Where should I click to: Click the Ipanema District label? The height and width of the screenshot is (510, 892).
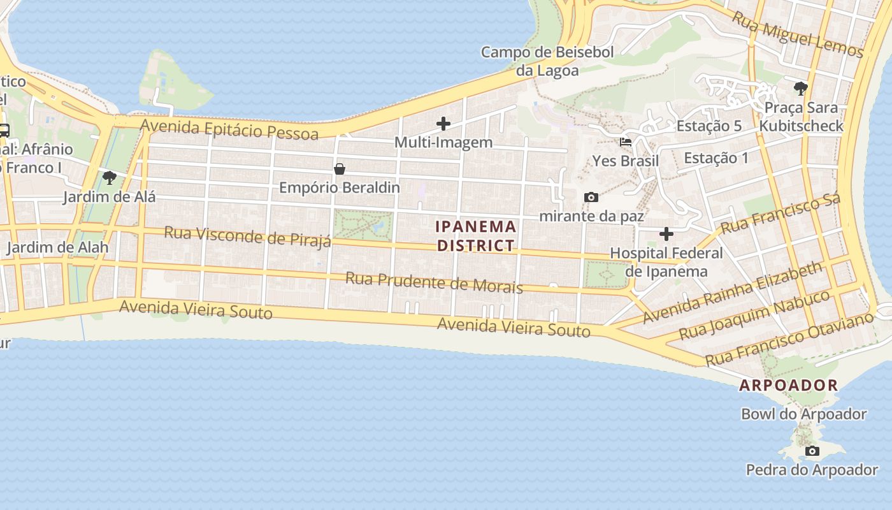(476, 236)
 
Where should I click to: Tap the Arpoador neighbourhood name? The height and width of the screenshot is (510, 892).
(788, 385)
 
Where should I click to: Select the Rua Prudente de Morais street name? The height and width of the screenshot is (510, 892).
(434, 282)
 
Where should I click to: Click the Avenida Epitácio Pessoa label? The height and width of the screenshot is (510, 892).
(229, 129)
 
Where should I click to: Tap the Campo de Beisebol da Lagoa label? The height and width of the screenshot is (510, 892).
(547, 61)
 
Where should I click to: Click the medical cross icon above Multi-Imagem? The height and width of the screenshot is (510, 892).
(443, 124)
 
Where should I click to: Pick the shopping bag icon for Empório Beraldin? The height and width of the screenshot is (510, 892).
(340, 169)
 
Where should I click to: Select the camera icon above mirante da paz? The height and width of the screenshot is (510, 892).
(591, 198)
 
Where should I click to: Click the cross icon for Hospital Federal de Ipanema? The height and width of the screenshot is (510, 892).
(666, 234)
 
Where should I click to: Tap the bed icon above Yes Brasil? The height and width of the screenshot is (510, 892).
(626, 142)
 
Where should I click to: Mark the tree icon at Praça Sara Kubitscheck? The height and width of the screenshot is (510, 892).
(801, 89)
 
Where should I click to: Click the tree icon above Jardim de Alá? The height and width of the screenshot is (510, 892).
(109, 178)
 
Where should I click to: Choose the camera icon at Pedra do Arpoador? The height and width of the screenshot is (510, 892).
(812, 451)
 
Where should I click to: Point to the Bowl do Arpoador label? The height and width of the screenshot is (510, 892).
(803, 414)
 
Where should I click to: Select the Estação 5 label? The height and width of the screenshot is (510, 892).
(709, 126)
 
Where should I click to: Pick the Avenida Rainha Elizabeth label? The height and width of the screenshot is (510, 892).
(733, 293)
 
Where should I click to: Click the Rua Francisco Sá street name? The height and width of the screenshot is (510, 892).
(780, 214)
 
